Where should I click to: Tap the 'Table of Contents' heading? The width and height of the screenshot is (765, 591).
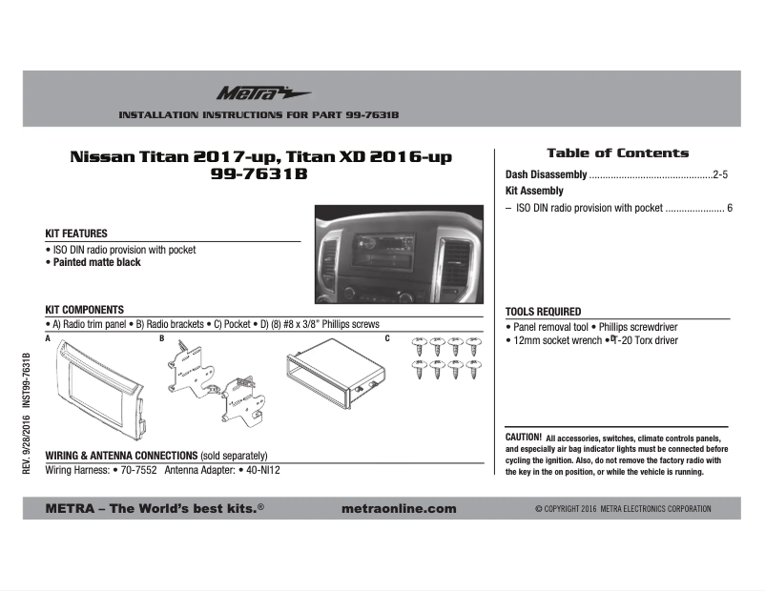coord(617,153)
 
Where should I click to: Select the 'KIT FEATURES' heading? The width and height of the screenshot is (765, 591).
coord(76,234)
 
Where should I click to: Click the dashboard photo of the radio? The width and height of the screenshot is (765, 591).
coord(399,255)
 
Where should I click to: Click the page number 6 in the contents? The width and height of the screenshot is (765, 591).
coord(729,207)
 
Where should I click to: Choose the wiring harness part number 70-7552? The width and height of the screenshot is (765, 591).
coord(138,471)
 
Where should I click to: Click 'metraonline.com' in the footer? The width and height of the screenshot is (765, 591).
coord(398,509)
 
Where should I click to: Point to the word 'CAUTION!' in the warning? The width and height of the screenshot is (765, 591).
coord(524,437)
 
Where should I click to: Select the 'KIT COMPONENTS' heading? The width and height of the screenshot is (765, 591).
coord(85,310)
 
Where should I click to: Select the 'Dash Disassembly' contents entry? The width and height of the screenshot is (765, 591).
coord(546,175)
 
